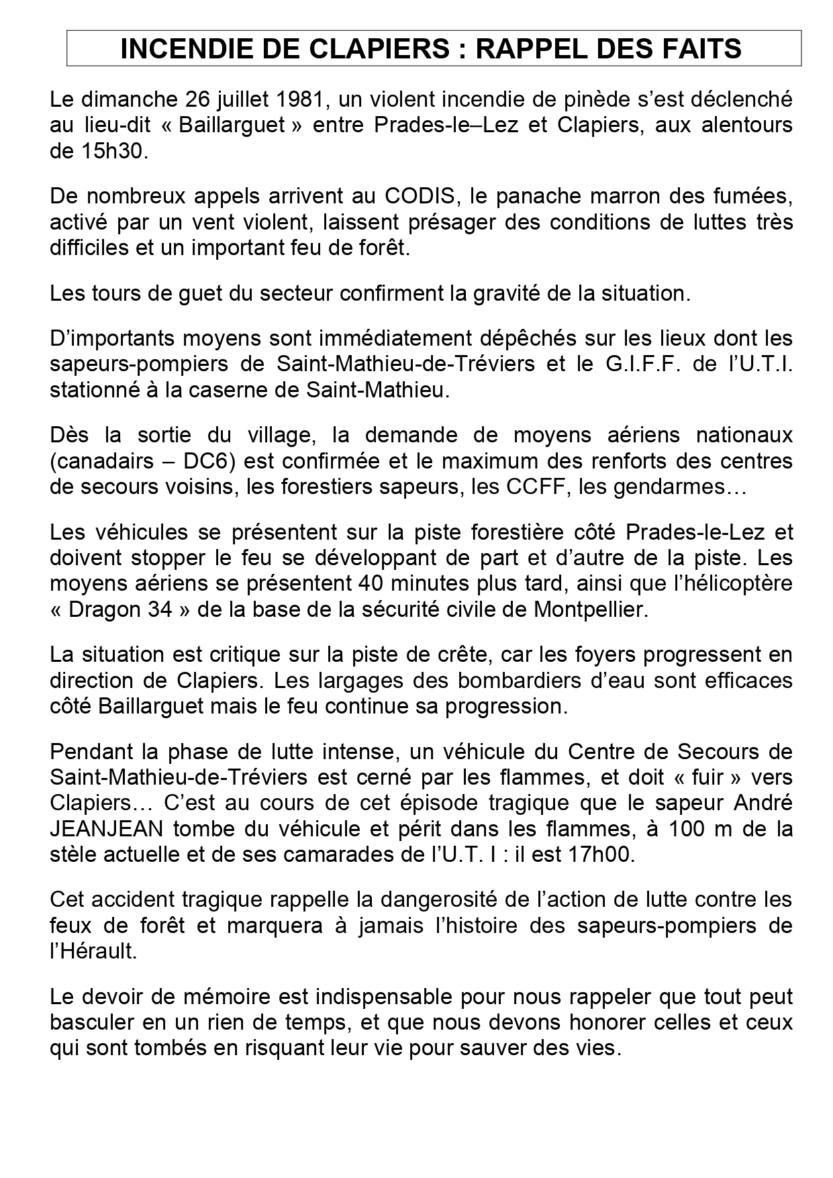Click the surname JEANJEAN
click(x=107, y=828)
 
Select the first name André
click(x=758, y=802)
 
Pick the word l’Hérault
click(x=93, y=952)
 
